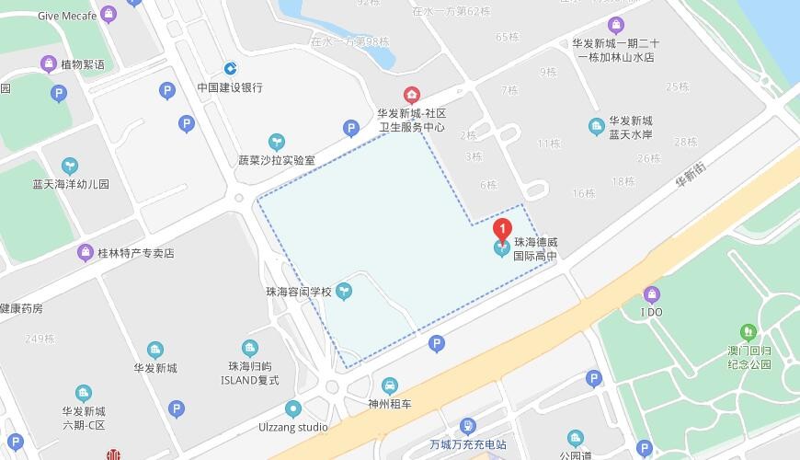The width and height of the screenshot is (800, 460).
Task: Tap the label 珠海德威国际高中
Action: [x=535, y=249]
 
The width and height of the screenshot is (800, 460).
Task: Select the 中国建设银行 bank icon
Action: [x=230, y=68]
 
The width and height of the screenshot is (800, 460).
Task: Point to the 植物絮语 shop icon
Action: [x=49, y=63]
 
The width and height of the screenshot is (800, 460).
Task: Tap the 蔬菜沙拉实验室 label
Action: [x=276, y=159]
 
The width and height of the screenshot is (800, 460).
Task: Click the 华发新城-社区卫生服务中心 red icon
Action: [x=411, y=95]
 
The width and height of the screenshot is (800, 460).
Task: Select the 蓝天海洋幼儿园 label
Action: [x=70, y=184]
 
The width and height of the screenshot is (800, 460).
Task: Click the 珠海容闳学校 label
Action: [x=298, y=292]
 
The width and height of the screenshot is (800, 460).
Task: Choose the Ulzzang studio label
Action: [x=293, y=427]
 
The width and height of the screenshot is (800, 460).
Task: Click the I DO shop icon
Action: [x=652, y=295]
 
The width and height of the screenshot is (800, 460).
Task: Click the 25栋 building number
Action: [x=678, y=86]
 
